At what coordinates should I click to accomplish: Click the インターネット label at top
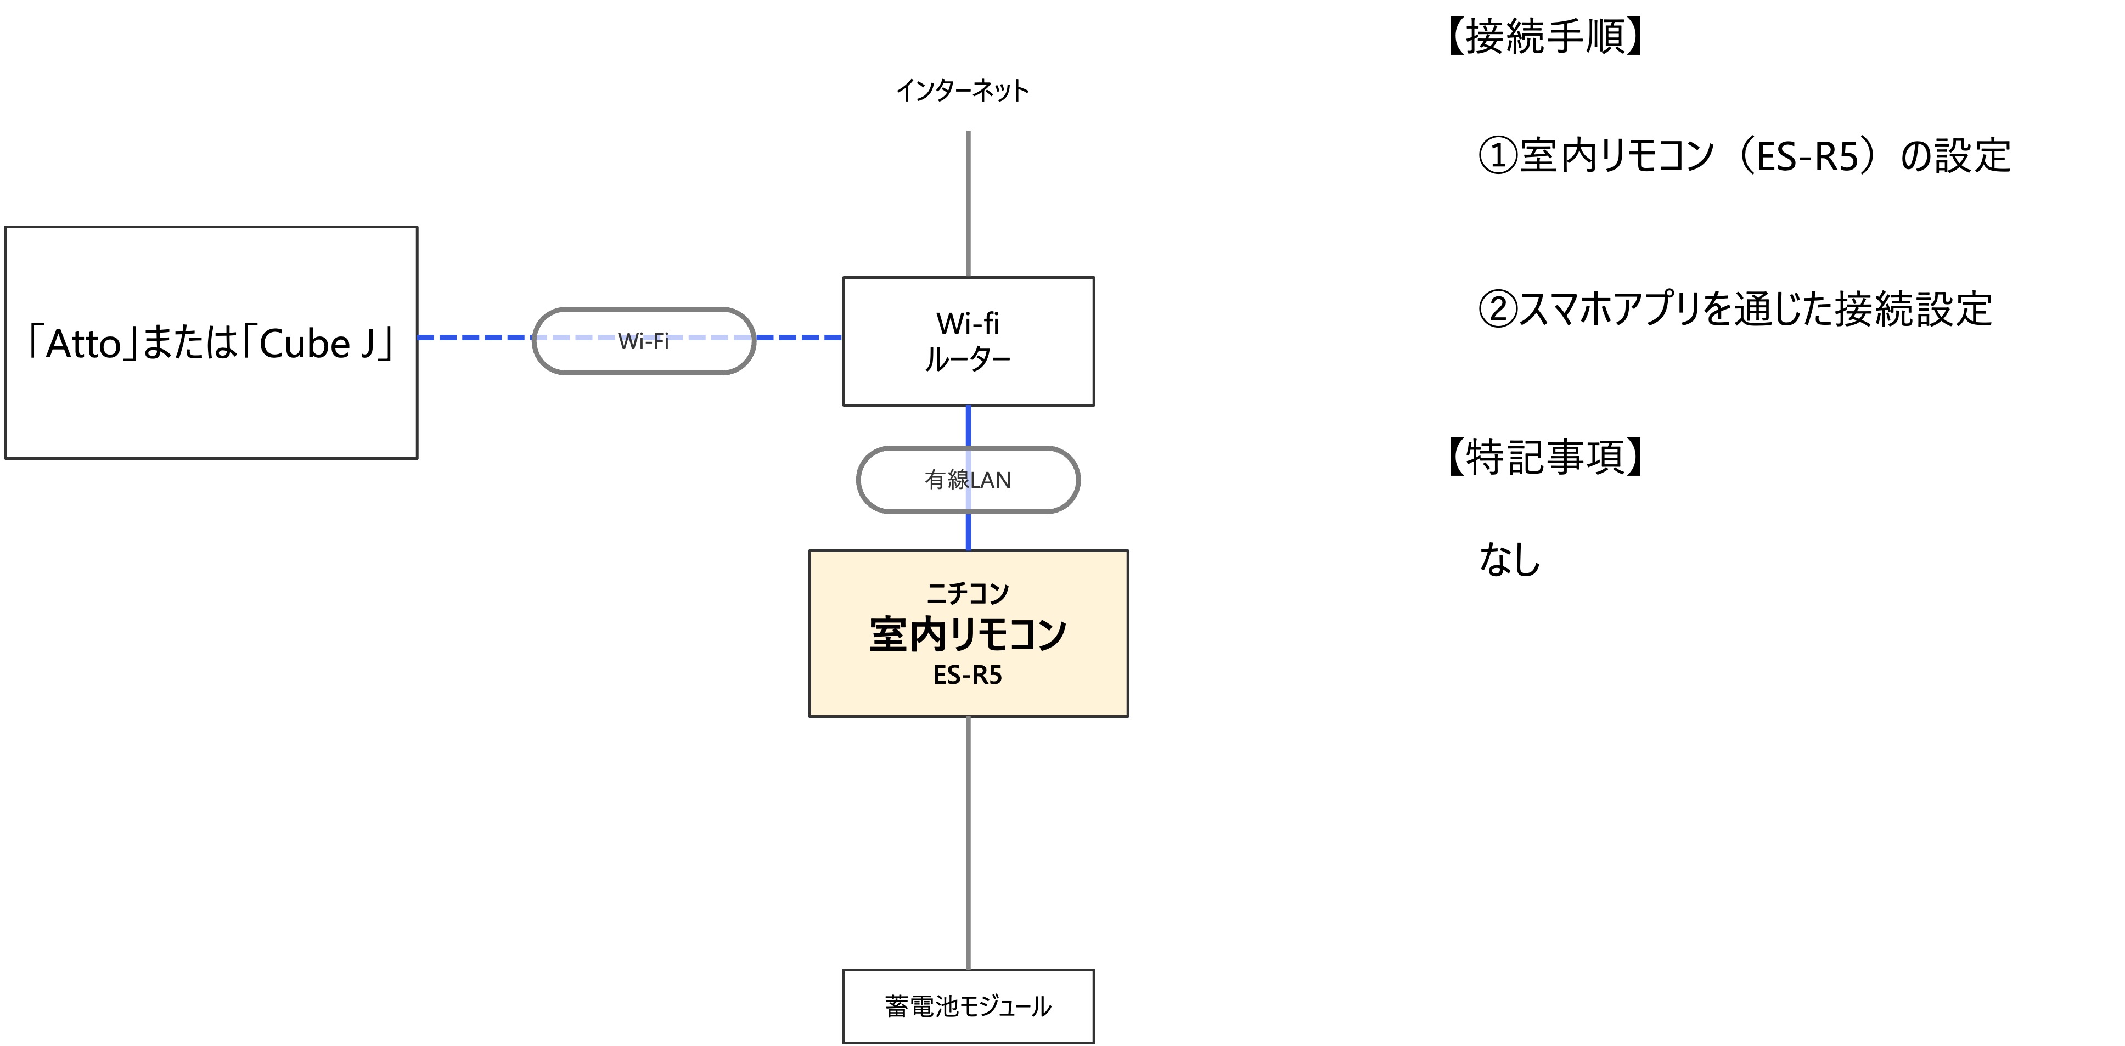(962, 90)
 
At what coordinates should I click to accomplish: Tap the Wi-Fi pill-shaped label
(643, 341)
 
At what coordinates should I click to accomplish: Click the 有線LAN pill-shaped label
(968, 479)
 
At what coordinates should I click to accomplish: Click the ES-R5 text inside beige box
(967, 676)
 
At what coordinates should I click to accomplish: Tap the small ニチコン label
(967, 592)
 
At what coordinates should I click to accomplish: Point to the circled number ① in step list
(1497, 155)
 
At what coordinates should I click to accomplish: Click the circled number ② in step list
(1497, 310)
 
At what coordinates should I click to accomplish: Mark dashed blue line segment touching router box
(799, 338)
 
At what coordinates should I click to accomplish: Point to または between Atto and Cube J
(190, 344)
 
